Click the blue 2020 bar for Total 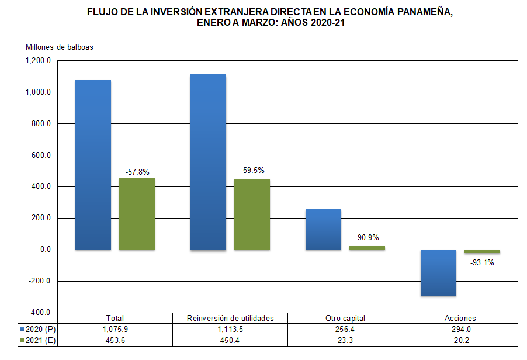point(93,165)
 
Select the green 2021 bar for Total point(137,214)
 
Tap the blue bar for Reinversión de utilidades point(208,162)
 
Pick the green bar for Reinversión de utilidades point(252,214)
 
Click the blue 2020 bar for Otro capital point(323,229)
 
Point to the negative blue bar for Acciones point(438,272)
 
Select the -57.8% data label point(137,172)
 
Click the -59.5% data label point(252,171)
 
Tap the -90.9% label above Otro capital point(367,238)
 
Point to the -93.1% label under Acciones point(482,263)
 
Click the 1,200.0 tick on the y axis point(39,61)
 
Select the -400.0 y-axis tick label point(39,313)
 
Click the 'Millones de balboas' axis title point(59,47)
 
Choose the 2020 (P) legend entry point(37,329)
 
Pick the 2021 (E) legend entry point(37,340)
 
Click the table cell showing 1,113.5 point(231,329)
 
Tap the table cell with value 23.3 point(345,340)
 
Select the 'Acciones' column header point(460,319)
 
